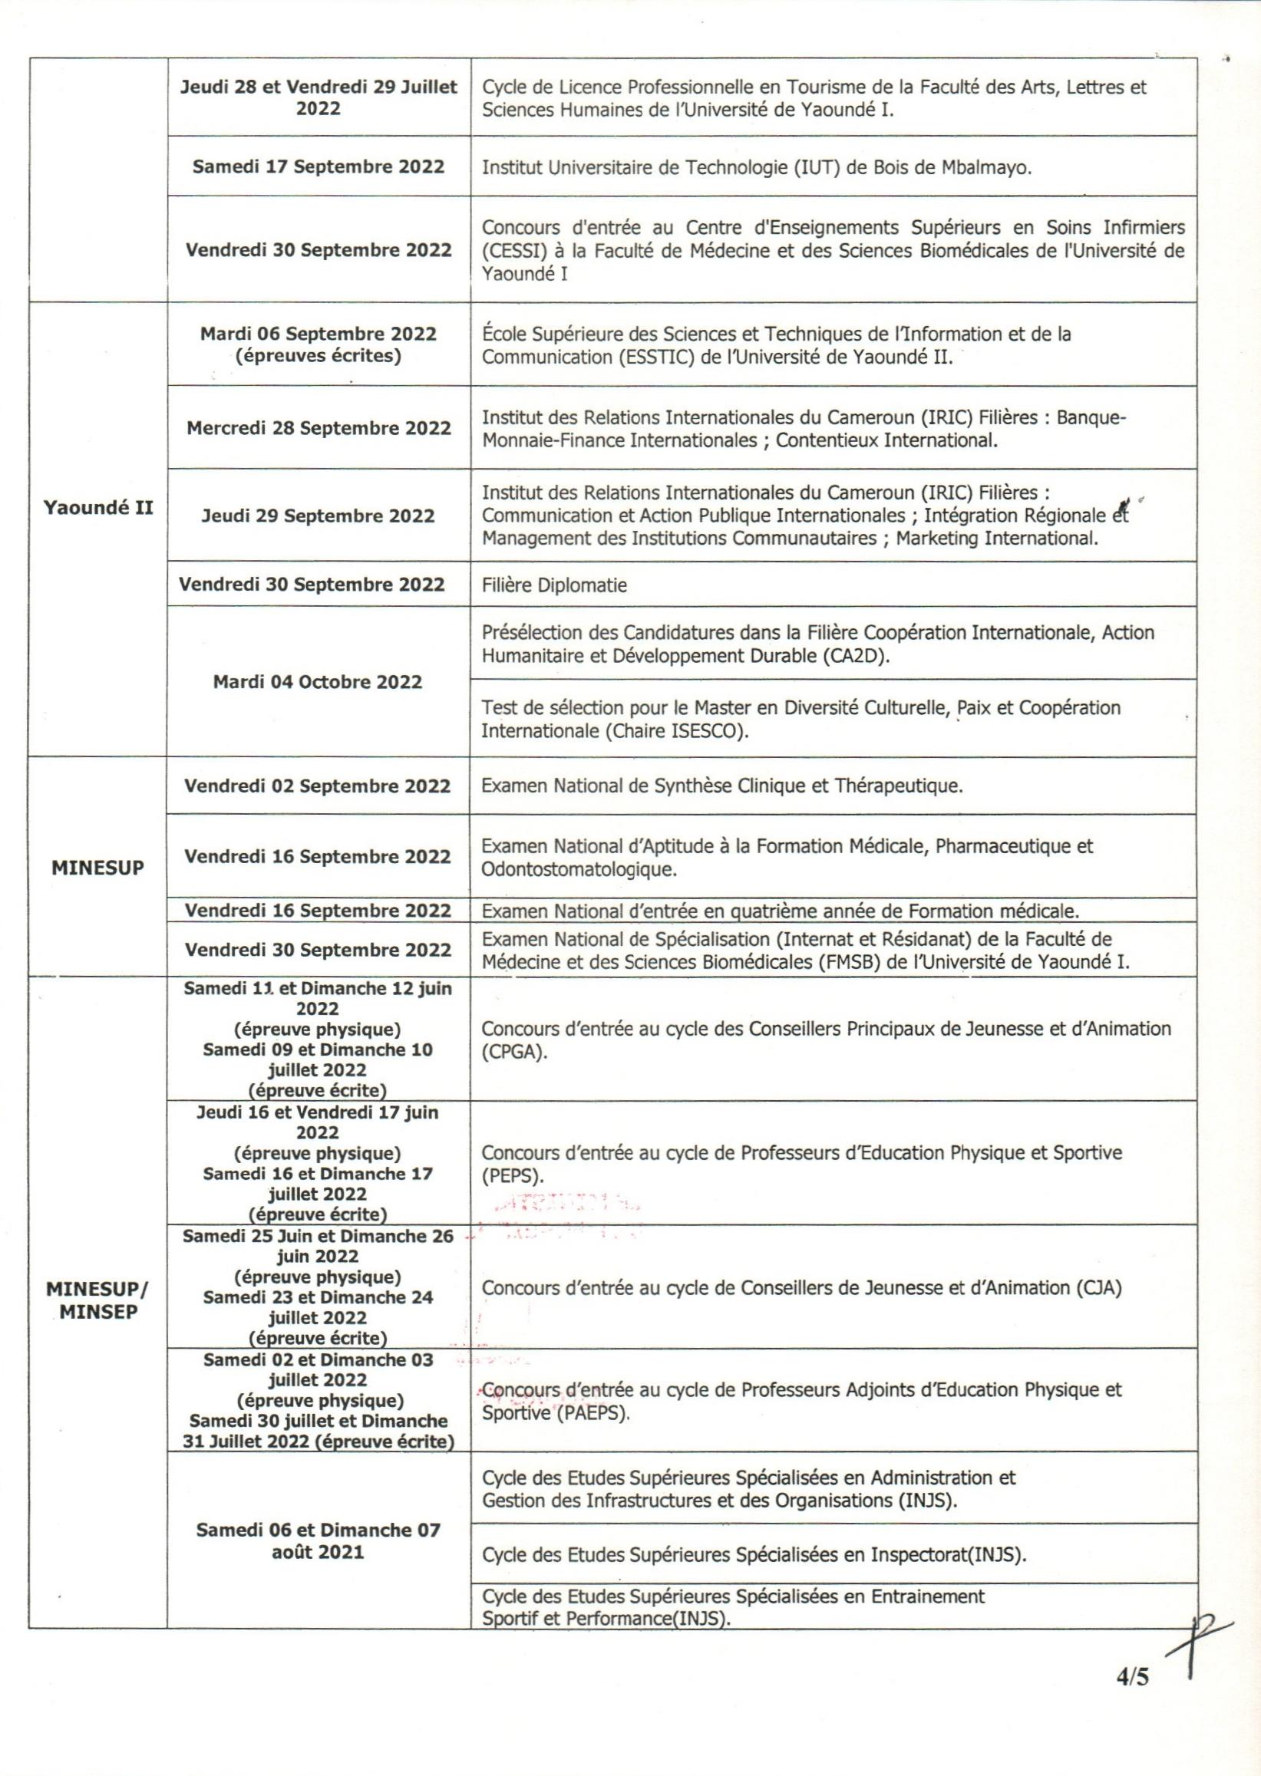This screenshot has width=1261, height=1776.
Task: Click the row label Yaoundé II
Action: [97, 509]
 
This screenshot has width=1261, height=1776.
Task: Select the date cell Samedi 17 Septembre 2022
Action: [319, 166]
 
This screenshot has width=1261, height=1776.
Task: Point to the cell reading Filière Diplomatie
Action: [553, 585]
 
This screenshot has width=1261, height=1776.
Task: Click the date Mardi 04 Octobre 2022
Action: [318, 681]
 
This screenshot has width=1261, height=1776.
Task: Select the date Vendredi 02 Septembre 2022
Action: [317, 786]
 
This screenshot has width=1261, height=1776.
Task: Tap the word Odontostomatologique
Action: [579, 868]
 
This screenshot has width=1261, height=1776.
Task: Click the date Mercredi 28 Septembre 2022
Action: [319, 428]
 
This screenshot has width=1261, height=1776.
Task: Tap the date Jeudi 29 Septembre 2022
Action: [319, 516]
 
